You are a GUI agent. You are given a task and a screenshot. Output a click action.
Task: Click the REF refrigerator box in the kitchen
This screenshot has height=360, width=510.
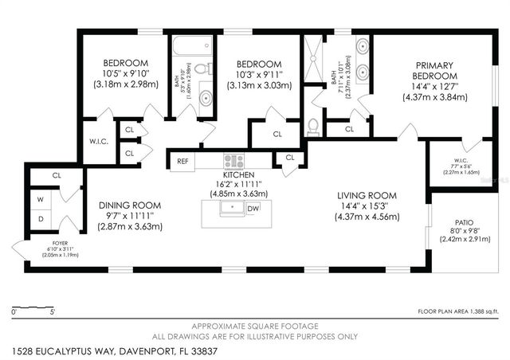click(x=182, y=160)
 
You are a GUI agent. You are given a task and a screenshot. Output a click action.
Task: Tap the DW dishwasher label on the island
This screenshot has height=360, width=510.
click(x=253, y=209)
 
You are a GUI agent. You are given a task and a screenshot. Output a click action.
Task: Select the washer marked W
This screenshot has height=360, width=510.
click(x=40, y=199)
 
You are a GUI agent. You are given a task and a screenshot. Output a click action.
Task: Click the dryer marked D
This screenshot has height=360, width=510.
click(x=40, y=219)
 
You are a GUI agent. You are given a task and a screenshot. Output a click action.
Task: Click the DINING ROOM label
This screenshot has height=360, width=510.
click(x=129, y=204)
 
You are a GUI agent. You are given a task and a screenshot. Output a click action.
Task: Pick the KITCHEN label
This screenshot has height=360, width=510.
click(x=238, y=174)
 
